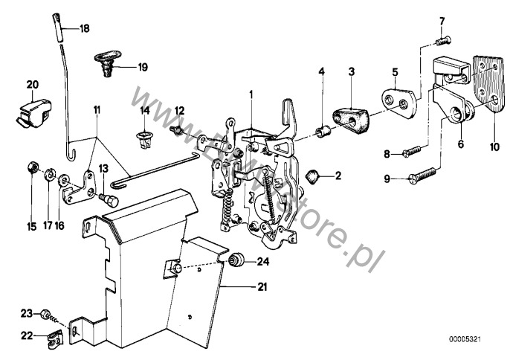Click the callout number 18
point(84,29)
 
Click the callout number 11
point(96,110)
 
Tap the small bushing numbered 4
point(323,134)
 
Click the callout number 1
point(251,94)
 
